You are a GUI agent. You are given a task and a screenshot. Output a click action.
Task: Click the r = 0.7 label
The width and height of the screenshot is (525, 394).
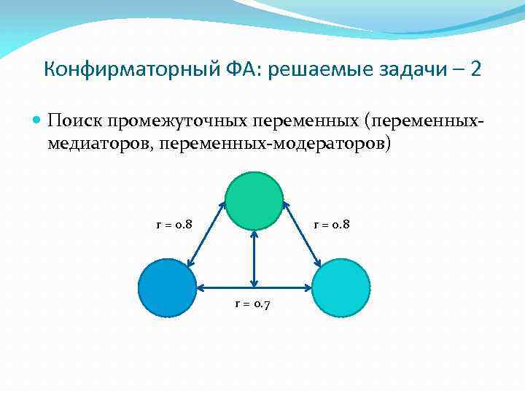[x=252, y=304]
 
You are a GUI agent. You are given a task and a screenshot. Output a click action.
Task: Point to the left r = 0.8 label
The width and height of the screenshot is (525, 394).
[x=174, y=224]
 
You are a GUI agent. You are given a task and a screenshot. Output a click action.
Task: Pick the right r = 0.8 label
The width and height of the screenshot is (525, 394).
[x=332, y=224]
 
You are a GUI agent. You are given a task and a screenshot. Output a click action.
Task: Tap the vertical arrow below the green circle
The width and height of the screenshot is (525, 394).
[x=253, y=259]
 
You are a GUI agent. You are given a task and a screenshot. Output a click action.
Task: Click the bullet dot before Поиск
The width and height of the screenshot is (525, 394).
[x=38, y=120]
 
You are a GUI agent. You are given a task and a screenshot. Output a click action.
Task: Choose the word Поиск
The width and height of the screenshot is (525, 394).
[x=74, y=120]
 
